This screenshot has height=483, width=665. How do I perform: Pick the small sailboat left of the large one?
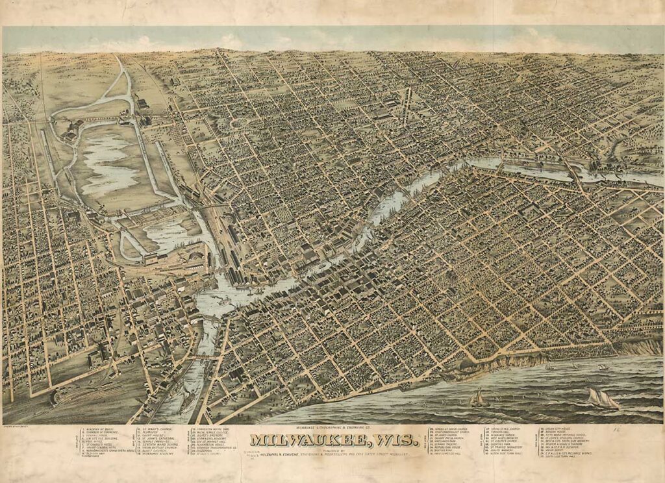click(479, 398)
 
